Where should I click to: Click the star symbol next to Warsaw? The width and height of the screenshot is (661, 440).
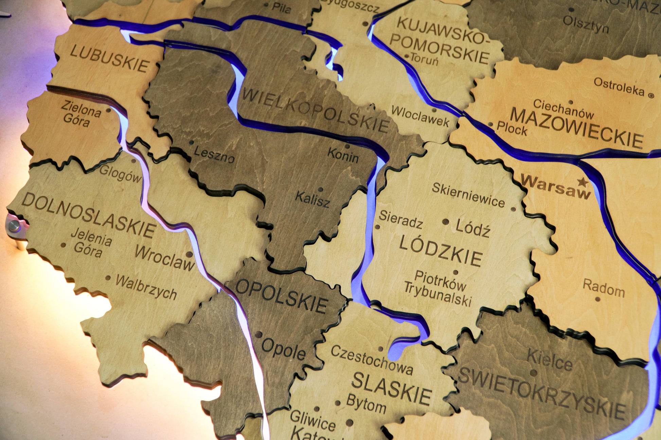click(x=583, y=182)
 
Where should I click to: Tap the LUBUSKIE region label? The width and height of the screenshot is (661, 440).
click(x=109, y=59)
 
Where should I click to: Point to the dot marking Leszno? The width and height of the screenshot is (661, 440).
click(x=192, y=142)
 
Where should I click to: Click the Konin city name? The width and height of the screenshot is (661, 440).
click(x=343, y=156)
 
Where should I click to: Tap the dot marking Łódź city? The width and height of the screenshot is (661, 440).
click(x=445, y=222)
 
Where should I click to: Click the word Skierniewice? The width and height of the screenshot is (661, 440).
click(x=468, y=195)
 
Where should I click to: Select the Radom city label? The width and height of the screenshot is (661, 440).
click(x=604, y=288)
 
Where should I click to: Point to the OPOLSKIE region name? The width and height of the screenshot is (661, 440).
click(x=282, y=296)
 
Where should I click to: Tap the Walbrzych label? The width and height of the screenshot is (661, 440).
click(x=146, y=287)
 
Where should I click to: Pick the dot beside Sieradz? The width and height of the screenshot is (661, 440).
click(x=377, y=227)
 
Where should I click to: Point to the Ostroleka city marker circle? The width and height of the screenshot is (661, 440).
click(x=651, y=96)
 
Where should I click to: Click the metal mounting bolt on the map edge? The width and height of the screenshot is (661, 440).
click(x=14, y=225)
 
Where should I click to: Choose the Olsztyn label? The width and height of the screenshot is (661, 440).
click(x=586, y=24)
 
